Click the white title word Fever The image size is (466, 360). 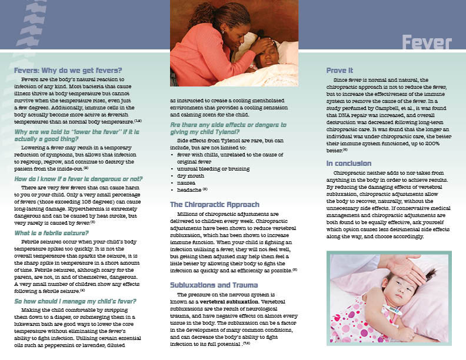coord(427,44)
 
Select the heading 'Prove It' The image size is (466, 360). coord(339,70)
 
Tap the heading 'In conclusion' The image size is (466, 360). coord(349,163)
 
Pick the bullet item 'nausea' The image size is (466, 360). coord(187,182)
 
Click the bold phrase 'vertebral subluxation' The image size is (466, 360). coord(231,301)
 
